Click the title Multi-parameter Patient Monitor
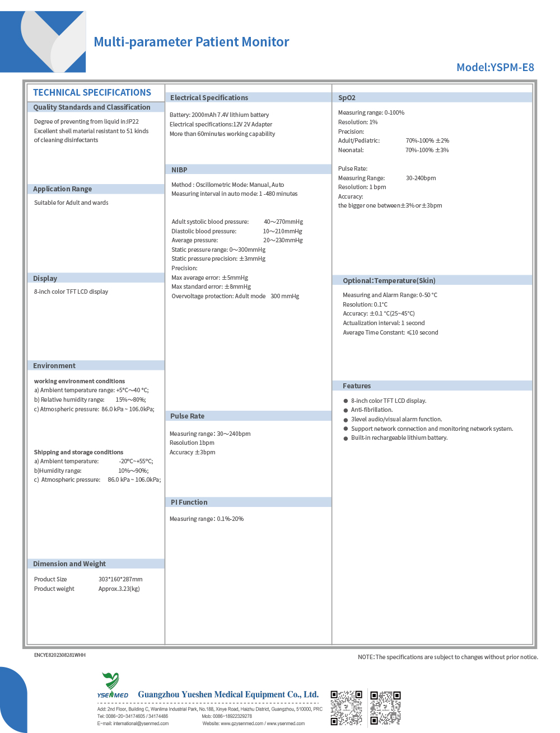191,42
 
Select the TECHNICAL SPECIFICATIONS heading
92,93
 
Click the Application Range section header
62,189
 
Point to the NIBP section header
179,170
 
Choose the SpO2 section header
347,98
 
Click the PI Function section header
189,502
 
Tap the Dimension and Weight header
69,564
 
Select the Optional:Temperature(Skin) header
389,281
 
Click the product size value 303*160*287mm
120,580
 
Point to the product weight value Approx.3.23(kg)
119,589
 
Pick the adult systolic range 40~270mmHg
283,222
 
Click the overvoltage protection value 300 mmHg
284,297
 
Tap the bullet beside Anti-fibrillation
346,410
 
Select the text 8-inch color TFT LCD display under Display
71,292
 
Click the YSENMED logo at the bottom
112,686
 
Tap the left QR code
346,708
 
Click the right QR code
385,708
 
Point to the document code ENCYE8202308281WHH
59,655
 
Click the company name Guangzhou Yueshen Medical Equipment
228,694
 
